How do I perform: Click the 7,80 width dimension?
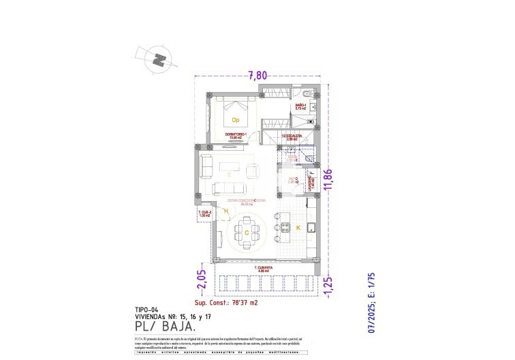257,76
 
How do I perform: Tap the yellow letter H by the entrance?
225,211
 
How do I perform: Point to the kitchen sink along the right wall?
311,228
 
